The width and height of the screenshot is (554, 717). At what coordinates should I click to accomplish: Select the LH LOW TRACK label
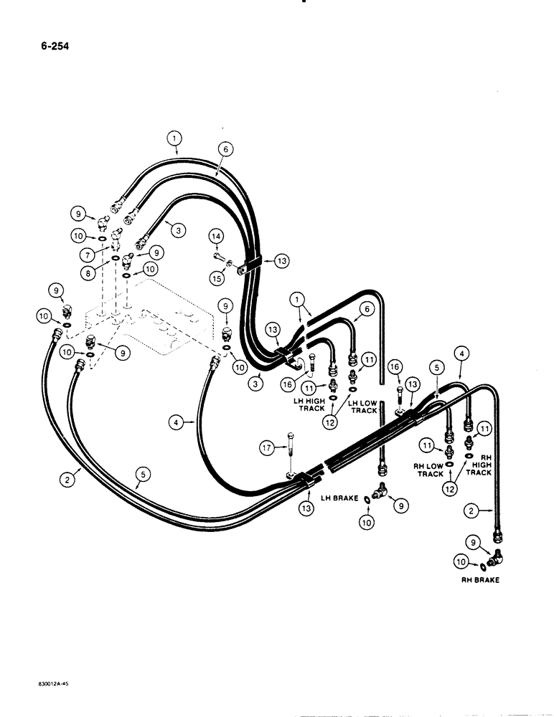tap(362, 406)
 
